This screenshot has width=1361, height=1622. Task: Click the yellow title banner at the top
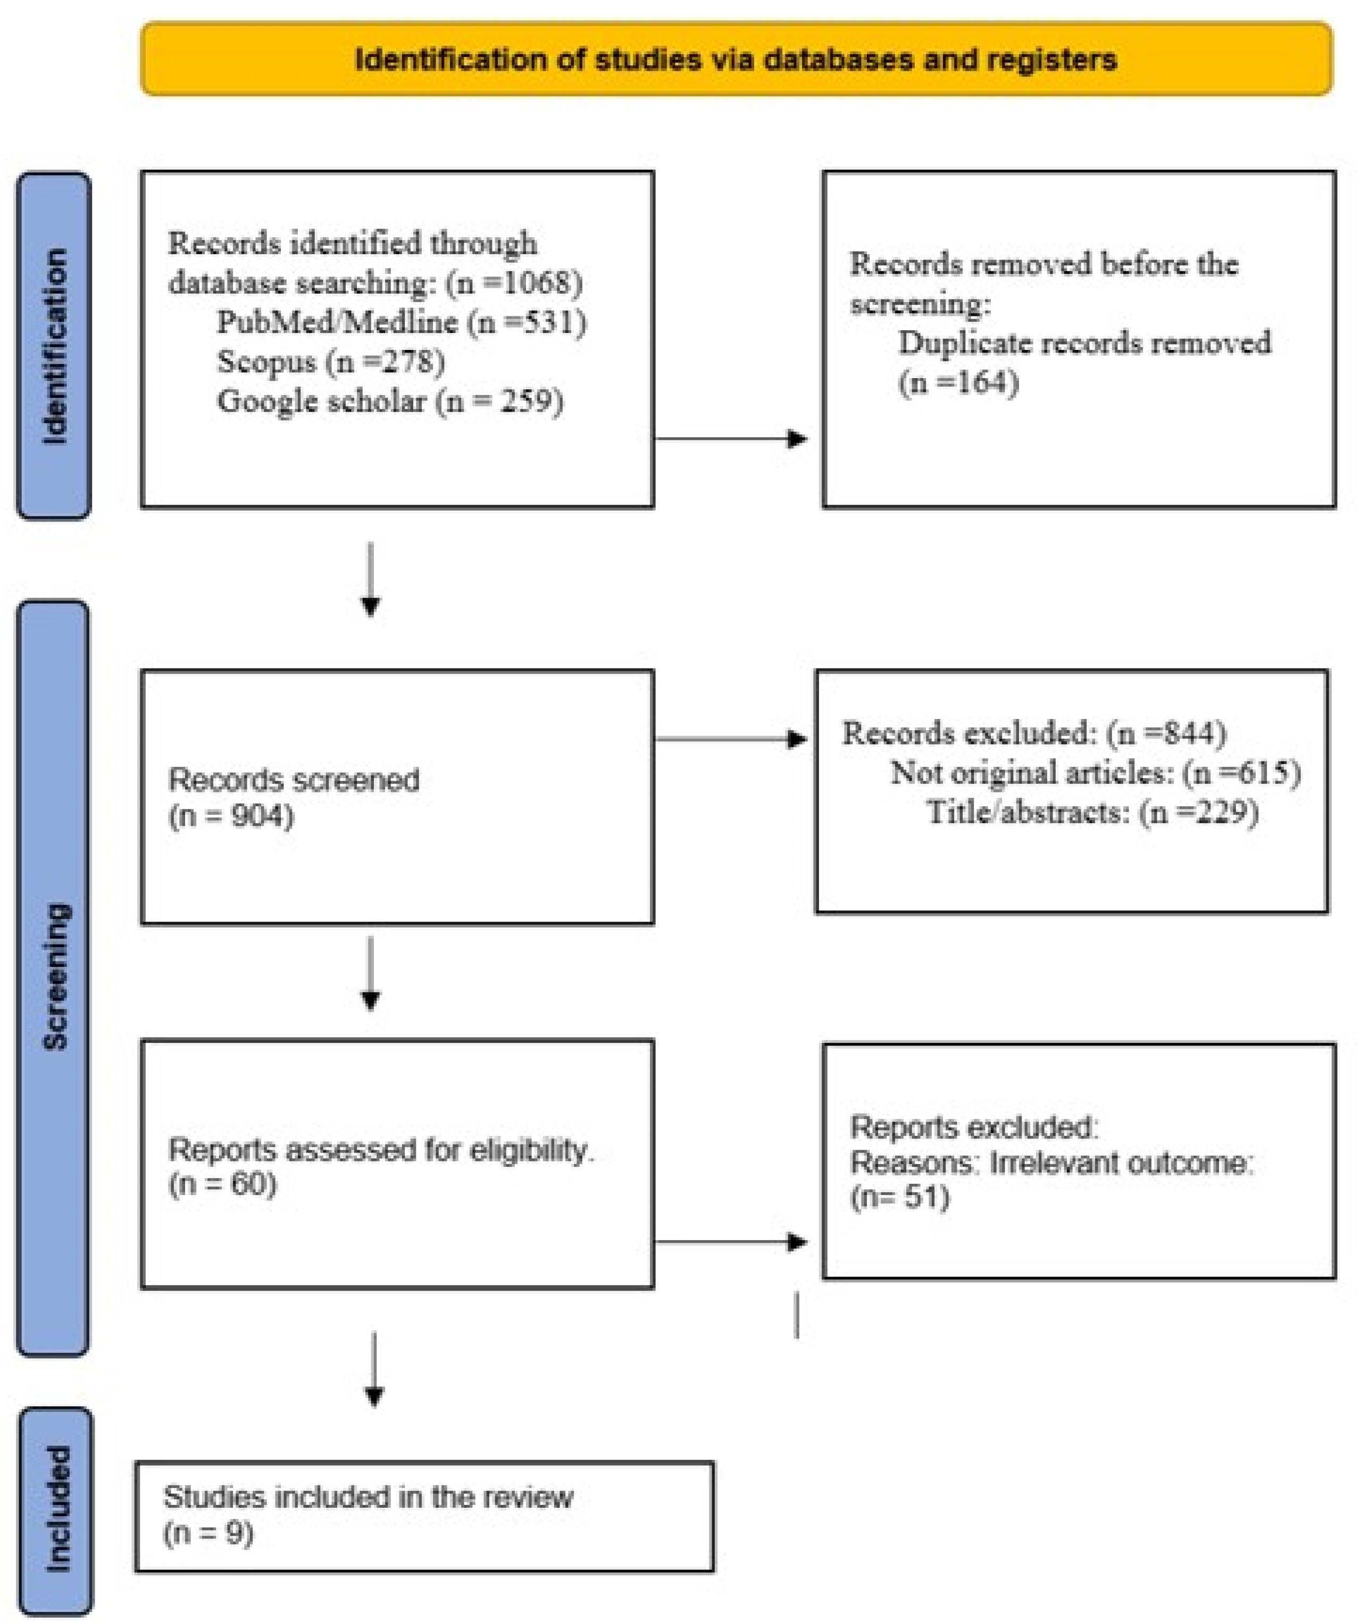click(x=736, y=58)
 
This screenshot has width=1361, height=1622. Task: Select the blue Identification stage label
click(x=54, y=345)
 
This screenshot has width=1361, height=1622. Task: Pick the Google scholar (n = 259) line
click(x=390, y=401)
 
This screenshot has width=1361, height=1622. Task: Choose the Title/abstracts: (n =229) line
click(x=1093, y=812)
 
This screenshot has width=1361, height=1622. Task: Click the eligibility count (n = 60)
click(x=222, y=1184)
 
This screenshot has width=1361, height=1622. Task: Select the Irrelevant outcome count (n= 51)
click(x=900, y=1197)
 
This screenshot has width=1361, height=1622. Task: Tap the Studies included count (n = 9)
click(x=208, y=1533)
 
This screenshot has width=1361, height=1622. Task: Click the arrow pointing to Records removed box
click(x=731, y=439)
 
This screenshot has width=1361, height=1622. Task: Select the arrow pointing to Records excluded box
click(x=731, y=739)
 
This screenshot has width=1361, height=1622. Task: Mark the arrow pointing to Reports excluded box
click(x=731, y=1242)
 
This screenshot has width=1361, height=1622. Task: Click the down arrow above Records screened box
click(x=371, y=579)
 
